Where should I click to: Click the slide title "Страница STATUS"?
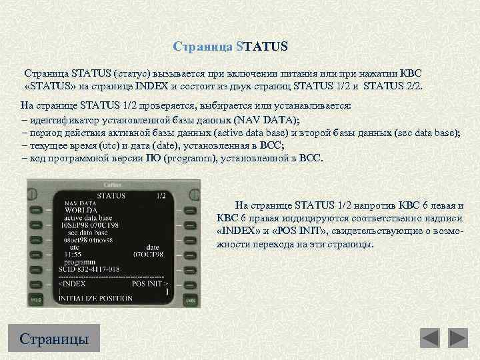(x=230, y=47)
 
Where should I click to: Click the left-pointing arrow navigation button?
(x=430, y=338)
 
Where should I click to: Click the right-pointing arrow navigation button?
(x=458, y=338)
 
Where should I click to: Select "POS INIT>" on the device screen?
(x=151, y=283)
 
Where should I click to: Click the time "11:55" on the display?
(x=73, y=254)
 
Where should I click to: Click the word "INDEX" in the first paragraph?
(x=190, y=86)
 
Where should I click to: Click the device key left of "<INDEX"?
(x=35, y=283)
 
